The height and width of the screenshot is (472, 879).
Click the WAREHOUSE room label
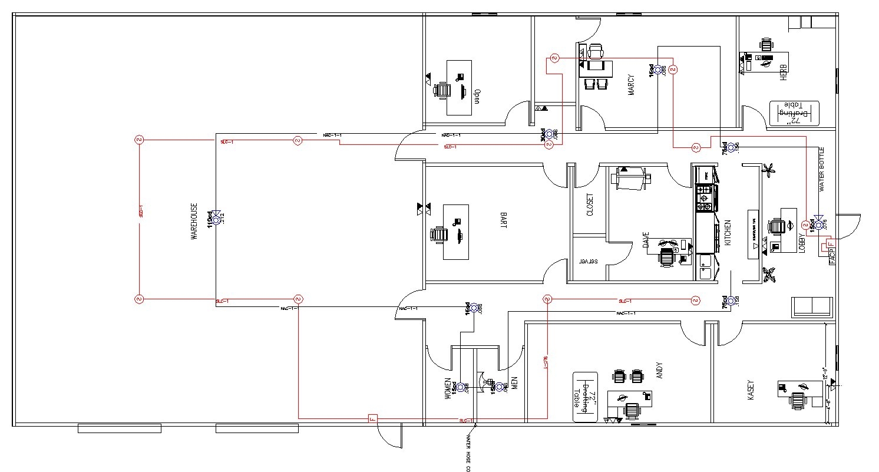[x=193, y=221]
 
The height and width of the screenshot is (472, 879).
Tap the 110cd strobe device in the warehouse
[x=216, y=219]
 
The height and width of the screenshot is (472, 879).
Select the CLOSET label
[x=590, y=205]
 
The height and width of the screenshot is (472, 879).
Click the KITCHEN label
[x=728, y=233]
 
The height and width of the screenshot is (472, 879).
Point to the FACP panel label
[x=832, y=258]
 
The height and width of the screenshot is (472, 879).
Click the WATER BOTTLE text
[x=822, y=169]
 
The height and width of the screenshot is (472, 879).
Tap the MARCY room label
[x=631, y=85]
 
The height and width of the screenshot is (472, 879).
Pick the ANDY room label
[x=659, y=370]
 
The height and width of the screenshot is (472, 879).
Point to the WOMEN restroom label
[x=447, y=389]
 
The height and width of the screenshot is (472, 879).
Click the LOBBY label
[x=801, y=243]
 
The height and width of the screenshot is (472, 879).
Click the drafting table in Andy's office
[x=586, y=397]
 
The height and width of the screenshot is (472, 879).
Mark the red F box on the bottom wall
[x=372, y=419]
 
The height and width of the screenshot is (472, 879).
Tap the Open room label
[x=478, y=95]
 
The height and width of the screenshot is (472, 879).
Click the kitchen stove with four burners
[x=704, y=199]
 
